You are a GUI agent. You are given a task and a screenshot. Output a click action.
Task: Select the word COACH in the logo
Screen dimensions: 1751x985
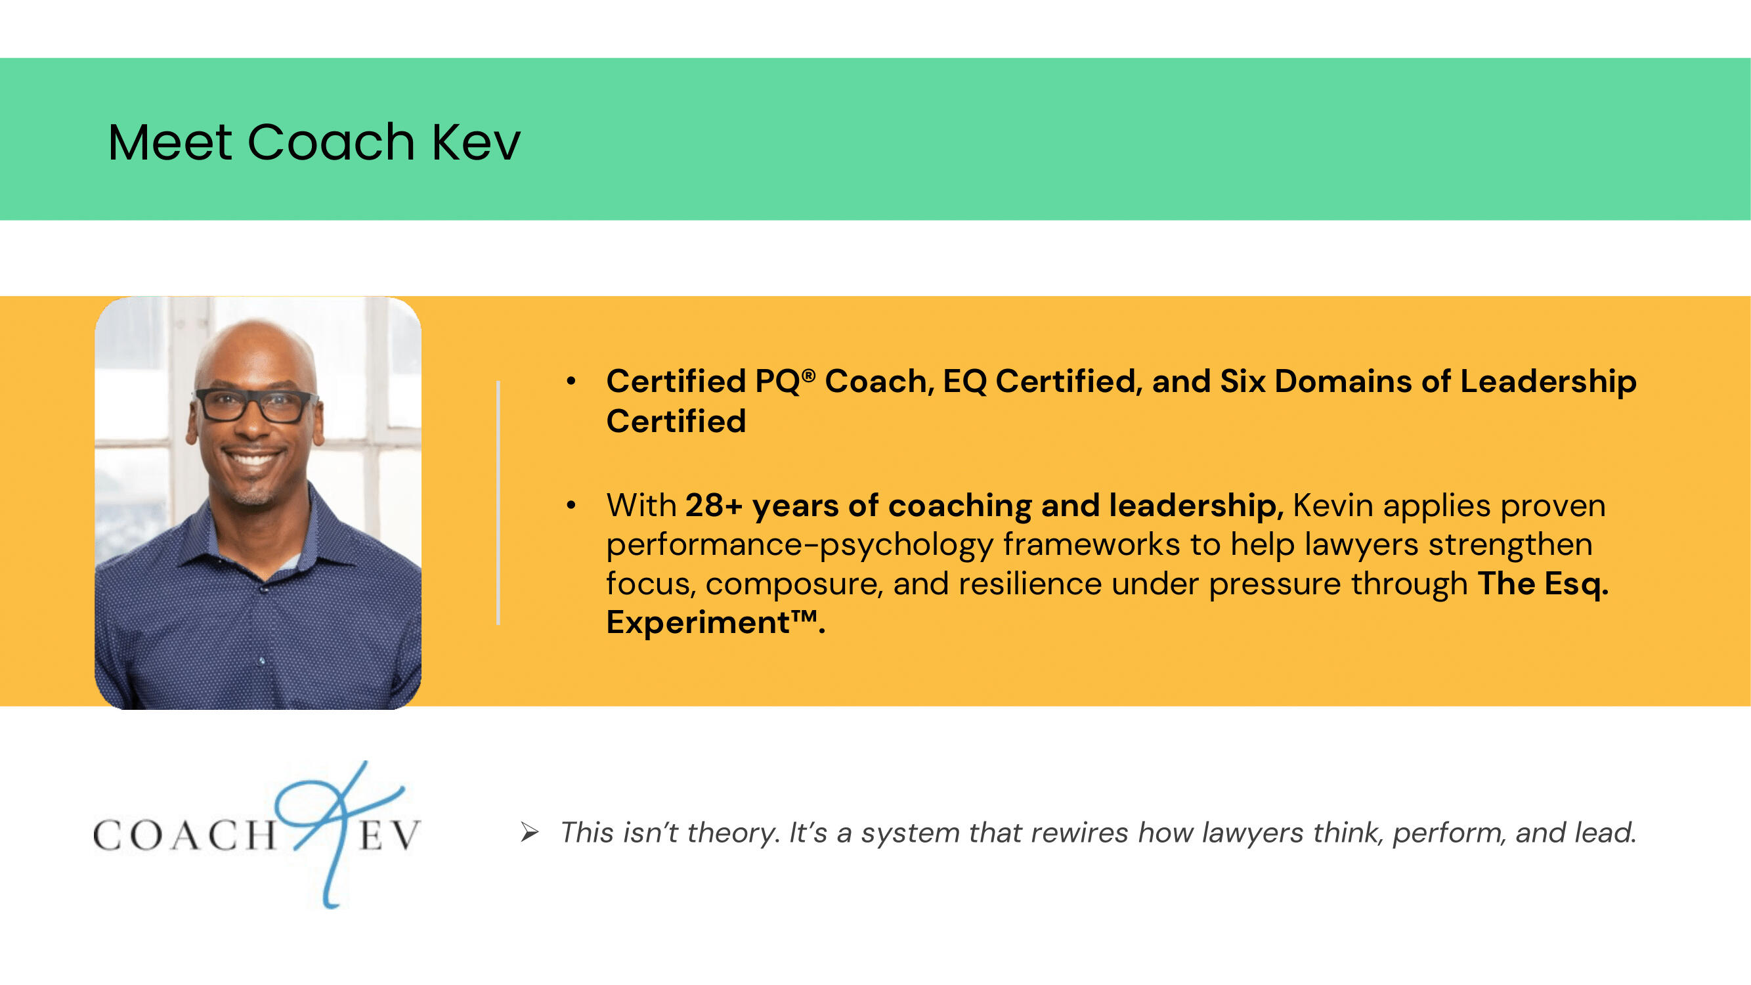point(184,835)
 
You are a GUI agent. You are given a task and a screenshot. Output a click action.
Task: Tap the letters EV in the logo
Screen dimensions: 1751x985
point(389,835)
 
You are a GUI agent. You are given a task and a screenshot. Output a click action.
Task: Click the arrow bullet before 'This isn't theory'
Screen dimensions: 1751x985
point(530,832)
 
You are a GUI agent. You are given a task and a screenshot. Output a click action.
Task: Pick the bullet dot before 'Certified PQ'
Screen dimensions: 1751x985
point(571,382)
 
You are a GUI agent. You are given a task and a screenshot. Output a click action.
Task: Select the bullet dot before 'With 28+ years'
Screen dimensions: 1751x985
point(571,505)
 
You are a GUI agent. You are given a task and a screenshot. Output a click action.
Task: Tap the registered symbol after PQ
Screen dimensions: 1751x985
point(809,374)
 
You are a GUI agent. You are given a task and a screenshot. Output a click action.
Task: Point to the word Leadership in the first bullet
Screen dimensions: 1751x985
point(1548,382)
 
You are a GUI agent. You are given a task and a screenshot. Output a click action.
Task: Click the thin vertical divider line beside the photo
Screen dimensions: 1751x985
point(498,502)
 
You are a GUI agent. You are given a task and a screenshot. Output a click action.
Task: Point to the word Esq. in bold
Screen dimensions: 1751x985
point(1576,584)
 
